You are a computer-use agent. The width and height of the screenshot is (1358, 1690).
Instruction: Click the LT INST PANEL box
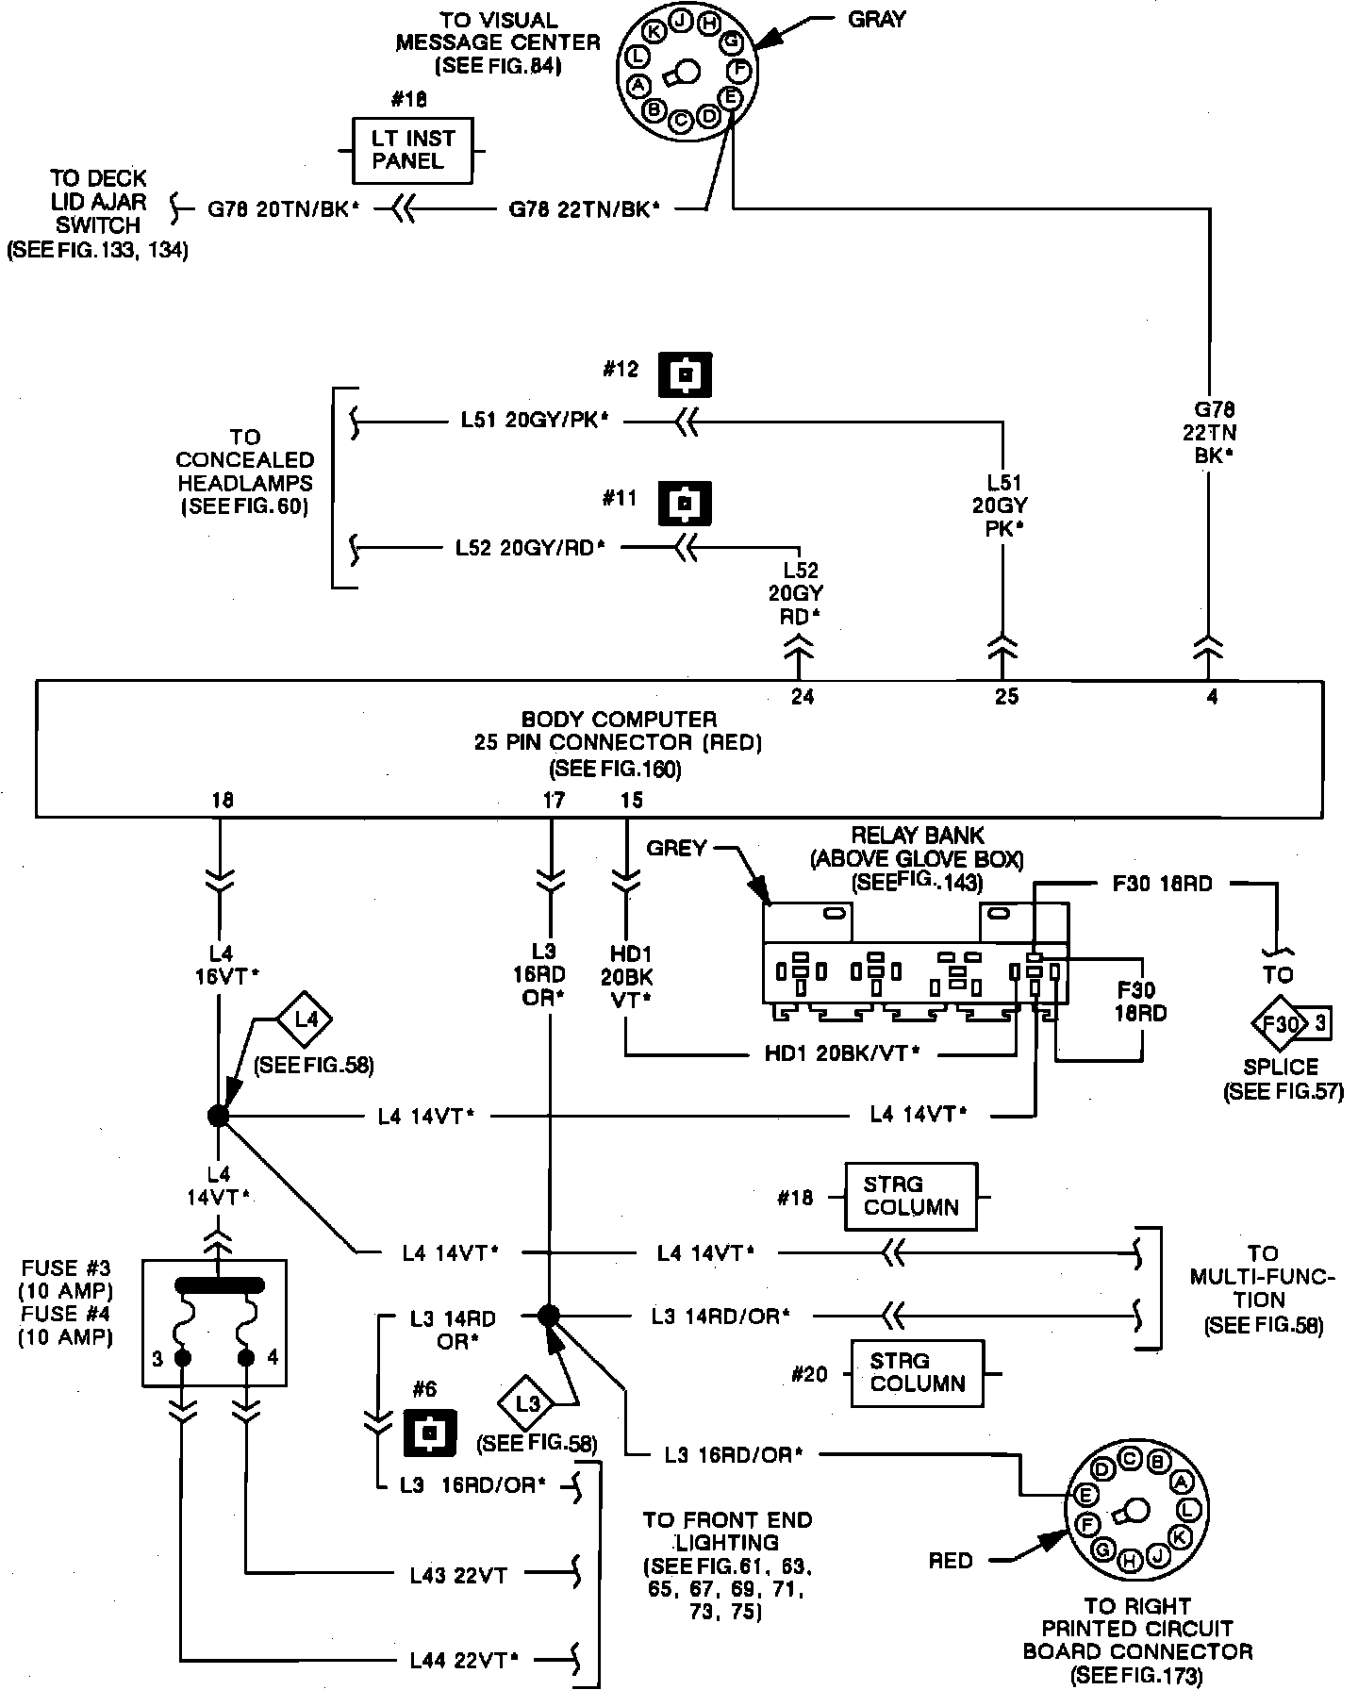(x=412, y=151)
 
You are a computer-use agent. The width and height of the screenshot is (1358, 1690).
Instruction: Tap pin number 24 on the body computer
(x=803, y=697)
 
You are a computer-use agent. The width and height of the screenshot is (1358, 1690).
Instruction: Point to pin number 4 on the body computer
(x=1212, y=697)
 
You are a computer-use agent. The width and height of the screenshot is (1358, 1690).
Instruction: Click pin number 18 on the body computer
(x=223, y=801)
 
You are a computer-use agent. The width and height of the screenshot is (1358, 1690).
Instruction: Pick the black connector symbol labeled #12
(x=686, y=375)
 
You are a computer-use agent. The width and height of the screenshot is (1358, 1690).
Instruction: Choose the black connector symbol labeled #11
(x=686, y=504)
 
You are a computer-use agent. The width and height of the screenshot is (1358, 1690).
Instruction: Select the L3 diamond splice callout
(x=528, y=1405)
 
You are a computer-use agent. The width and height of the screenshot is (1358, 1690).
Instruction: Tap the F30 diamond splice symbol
(x=1281, y=1023)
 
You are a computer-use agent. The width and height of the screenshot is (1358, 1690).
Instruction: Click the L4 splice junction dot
(x=219, y=1117)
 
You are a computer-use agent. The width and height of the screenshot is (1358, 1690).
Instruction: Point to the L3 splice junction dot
(x=548, y=1315)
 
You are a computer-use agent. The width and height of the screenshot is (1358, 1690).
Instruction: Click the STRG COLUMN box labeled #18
(x=911, y=1196)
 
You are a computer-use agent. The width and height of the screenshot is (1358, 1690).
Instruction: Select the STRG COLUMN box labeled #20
(x=917, y=1373)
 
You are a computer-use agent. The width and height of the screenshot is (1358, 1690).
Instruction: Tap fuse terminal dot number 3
(x=183, y=1358)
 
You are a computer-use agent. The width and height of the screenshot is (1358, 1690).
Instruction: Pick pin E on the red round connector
(x=1086, y=1495)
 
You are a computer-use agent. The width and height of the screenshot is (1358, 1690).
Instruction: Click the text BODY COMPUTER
(x=619, y=720)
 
